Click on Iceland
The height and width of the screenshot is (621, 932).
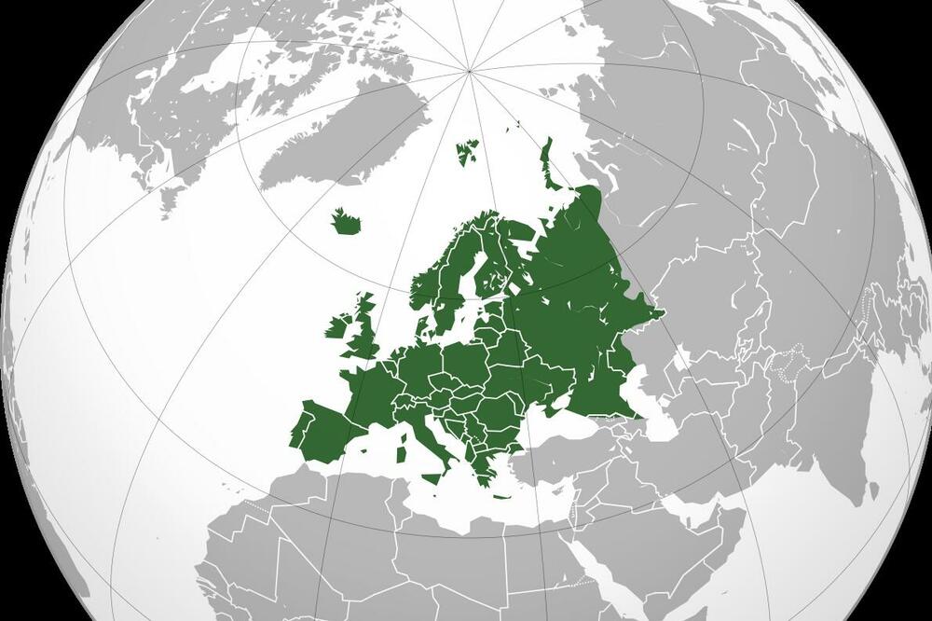[348, 222]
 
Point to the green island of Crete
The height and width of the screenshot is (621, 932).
[502, 496]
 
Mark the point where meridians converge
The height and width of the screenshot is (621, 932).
[469, 70]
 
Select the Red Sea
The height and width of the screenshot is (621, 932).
[596, 569]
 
